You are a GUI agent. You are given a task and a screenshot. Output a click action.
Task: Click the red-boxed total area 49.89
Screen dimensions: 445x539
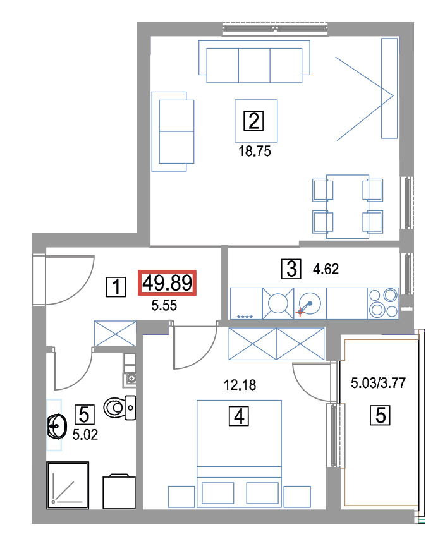coord(167,282)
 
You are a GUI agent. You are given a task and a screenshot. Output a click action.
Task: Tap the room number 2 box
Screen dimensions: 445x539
coord(253,121)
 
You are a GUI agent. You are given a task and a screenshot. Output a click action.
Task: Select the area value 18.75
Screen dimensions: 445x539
coord(255,151)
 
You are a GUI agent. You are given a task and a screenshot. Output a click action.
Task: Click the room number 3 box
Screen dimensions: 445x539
coord(291,269)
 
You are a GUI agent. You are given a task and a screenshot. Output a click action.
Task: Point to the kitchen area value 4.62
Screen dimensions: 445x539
coord(326,269)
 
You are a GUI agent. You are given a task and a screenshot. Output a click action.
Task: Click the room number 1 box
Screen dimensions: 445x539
coord(116,287)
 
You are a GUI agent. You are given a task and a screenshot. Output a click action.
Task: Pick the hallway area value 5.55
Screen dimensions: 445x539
coord(164,305)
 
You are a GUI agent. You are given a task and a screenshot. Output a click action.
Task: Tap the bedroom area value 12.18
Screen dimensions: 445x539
coord(240,385)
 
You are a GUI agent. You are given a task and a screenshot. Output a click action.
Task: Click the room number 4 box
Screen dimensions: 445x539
coord(239,416)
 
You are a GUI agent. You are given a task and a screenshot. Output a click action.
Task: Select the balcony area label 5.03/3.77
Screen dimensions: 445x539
coord(378,382)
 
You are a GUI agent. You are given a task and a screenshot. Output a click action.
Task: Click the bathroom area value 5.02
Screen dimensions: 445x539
coord(85,435)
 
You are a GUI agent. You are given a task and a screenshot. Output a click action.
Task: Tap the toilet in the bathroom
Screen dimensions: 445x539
coord(119,408)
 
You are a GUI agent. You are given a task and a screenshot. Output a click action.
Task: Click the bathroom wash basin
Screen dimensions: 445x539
coord(57,427)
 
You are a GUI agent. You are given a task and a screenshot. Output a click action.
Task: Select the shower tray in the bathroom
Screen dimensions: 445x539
coord(68,485)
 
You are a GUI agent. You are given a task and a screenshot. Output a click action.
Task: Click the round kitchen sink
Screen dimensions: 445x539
coord(310,303)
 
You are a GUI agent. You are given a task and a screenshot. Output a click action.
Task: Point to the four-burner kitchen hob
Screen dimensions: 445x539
coord(383,303)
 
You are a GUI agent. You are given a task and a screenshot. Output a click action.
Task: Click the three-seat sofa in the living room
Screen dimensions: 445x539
coord(255,62)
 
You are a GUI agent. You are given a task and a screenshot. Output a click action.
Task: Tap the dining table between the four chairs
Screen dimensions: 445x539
coord(348,206)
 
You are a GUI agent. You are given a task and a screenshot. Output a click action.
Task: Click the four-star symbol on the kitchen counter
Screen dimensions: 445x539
coord(245,317)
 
